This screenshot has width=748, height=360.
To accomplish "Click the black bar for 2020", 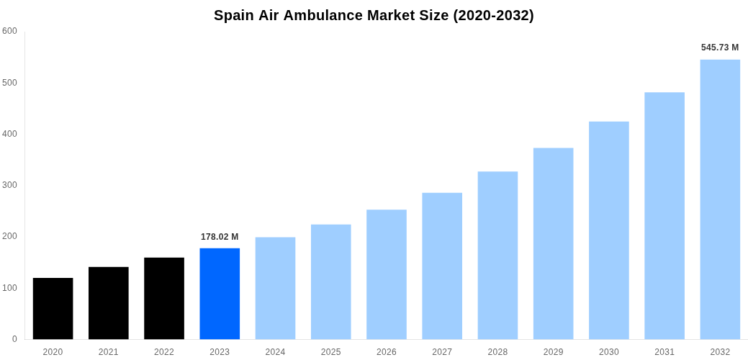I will tap(53, 308).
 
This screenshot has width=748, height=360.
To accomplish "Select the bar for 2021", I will tap(108, 303).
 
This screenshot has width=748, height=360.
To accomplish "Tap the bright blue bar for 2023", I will tap(220, 294).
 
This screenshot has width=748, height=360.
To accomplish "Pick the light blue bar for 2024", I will tap(275, 288).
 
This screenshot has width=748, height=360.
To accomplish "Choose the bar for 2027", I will tap(442, 266).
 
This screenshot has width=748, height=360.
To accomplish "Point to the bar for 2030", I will tap(608, 230).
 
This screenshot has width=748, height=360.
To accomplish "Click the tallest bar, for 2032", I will tap(720, 199).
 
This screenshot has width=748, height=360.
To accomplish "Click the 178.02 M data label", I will tap(220, 237).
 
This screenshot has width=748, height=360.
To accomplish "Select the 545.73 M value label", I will tap(720, 48).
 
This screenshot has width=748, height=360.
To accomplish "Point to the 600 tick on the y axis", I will tap(9, 31).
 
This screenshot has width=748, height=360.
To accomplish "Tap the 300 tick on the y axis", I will tap(9, 185).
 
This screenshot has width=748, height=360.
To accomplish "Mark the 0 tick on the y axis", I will tap(14, 339).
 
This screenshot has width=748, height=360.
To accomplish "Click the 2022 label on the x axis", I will tap(164, 352).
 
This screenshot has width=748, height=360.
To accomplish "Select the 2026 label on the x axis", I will tap(387, 352).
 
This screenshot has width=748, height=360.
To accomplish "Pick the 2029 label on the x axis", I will tap(553, 352).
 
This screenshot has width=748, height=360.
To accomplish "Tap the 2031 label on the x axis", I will tap(664, 352).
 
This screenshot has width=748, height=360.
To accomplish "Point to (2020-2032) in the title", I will tap(493, 15).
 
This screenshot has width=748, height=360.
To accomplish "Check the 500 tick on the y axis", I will tap(9, 83).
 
